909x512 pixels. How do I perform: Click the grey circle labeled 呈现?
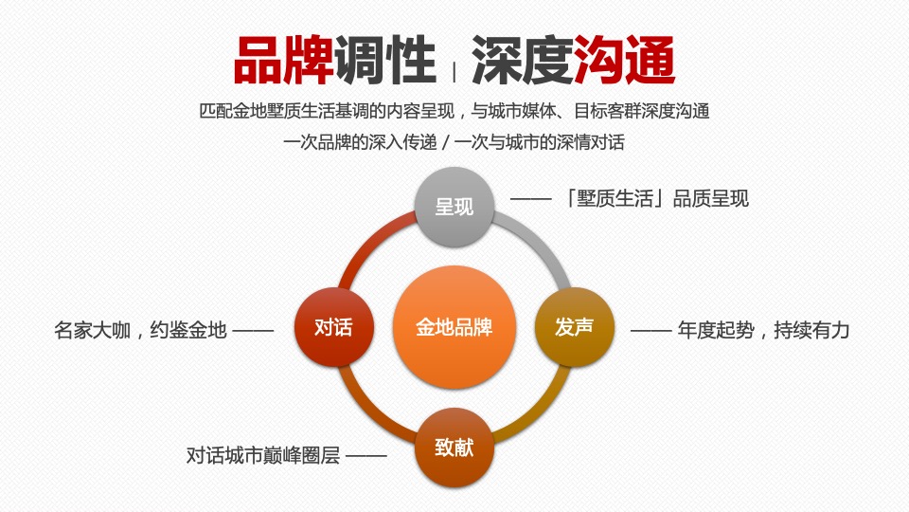(454, 207)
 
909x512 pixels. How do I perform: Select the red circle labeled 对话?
(333, 327)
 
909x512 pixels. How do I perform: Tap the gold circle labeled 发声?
(575, 327)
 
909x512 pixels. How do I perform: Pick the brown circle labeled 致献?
(454, 448)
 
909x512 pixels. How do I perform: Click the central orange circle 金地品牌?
(454, 327)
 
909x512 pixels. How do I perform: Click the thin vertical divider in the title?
(454, 70)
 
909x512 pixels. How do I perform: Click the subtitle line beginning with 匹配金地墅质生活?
(454, 111)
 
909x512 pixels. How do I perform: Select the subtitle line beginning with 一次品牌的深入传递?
(454, 143)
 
